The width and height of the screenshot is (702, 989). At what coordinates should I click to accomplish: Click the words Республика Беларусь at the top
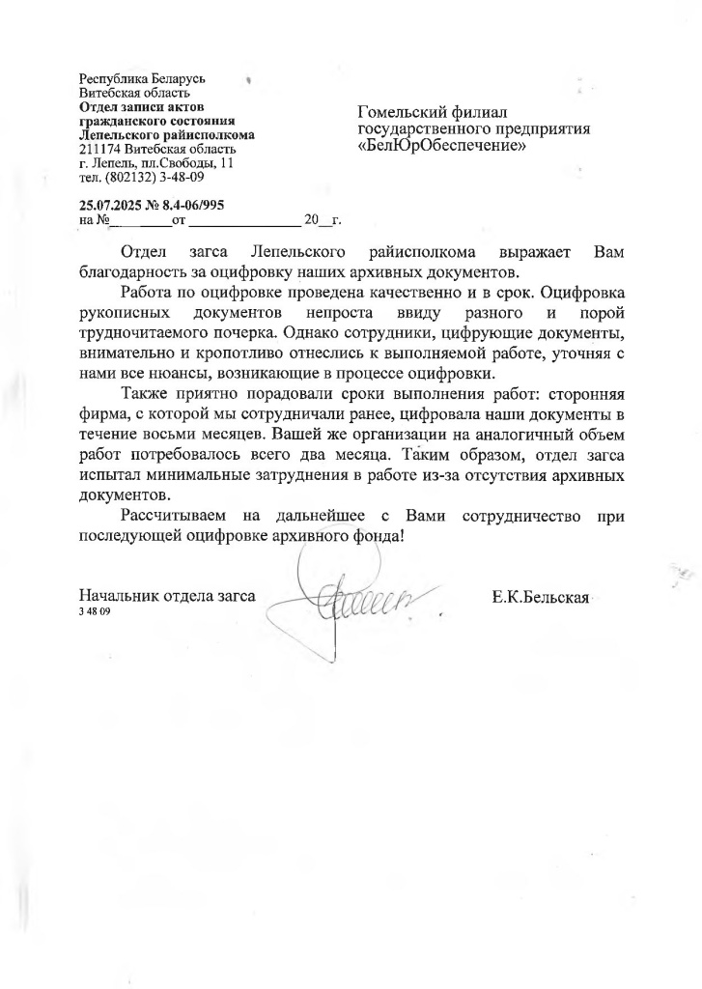pyautogui.click(x=141, y=78)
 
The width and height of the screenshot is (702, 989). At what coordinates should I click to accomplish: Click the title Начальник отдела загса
pyautogui.click(x=167, y=597)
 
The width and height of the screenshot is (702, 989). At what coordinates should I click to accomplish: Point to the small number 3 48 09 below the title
pyautogui.click(x=95, y=613)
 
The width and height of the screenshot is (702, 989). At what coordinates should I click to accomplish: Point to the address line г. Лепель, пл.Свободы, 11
pyautogui.click(x=156, y=163)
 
